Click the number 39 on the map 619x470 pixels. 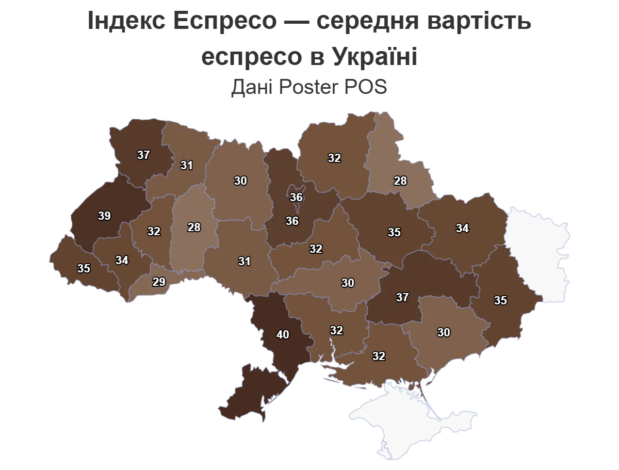point(104,216)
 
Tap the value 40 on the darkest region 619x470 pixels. point(283,334)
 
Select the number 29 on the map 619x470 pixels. point(159,282)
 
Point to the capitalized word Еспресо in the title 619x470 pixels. point(225,22)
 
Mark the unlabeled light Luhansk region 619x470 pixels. point(536,248)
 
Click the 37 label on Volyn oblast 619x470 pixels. point(143,155)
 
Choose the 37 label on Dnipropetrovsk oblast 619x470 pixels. point(402,297)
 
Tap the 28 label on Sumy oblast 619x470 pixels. point(400,181)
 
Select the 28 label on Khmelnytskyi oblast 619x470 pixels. point(194,227)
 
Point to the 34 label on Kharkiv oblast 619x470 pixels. point(462,228)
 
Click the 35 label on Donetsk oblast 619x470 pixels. point(500,300)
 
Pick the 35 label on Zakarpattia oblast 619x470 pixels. point(84,268)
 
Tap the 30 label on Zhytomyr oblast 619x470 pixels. point(240,181)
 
